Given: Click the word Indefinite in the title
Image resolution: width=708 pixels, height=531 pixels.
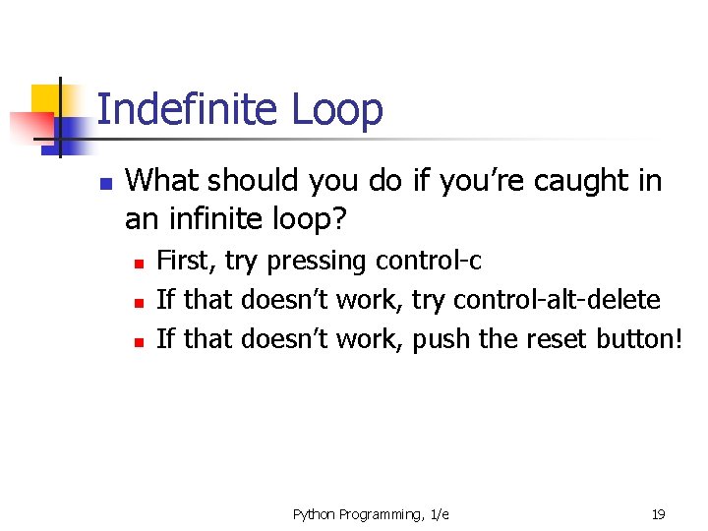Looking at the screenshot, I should coord(188,109).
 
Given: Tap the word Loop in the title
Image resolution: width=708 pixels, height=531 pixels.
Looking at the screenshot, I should coord(336,111).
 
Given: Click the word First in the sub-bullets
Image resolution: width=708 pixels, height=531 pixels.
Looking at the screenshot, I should coord(187,261).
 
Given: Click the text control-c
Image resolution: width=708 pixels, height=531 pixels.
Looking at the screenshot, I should coord(428,261).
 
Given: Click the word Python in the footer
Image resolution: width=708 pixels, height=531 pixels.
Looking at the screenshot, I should coord(316,514).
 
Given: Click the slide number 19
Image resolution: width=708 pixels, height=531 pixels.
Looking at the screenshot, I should coord(658,514).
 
